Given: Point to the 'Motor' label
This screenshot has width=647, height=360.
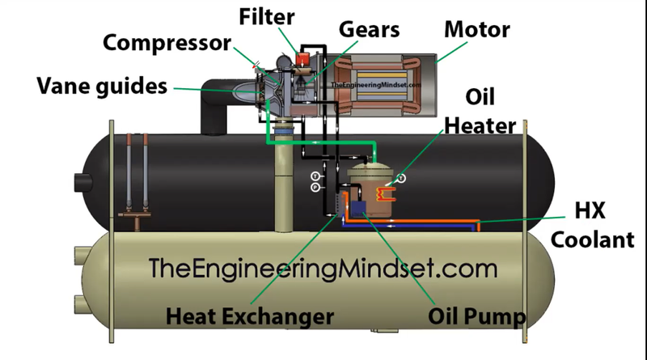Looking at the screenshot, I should pos(477,31).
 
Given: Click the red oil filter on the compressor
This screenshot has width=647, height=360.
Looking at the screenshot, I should pos(306,58).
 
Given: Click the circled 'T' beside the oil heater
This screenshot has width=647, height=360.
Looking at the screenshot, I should pos(401,177).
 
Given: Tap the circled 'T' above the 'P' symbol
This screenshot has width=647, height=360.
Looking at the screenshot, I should pos(314,176).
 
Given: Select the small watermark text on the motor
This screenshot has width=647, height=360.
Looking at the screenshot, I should pos(387,85).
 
